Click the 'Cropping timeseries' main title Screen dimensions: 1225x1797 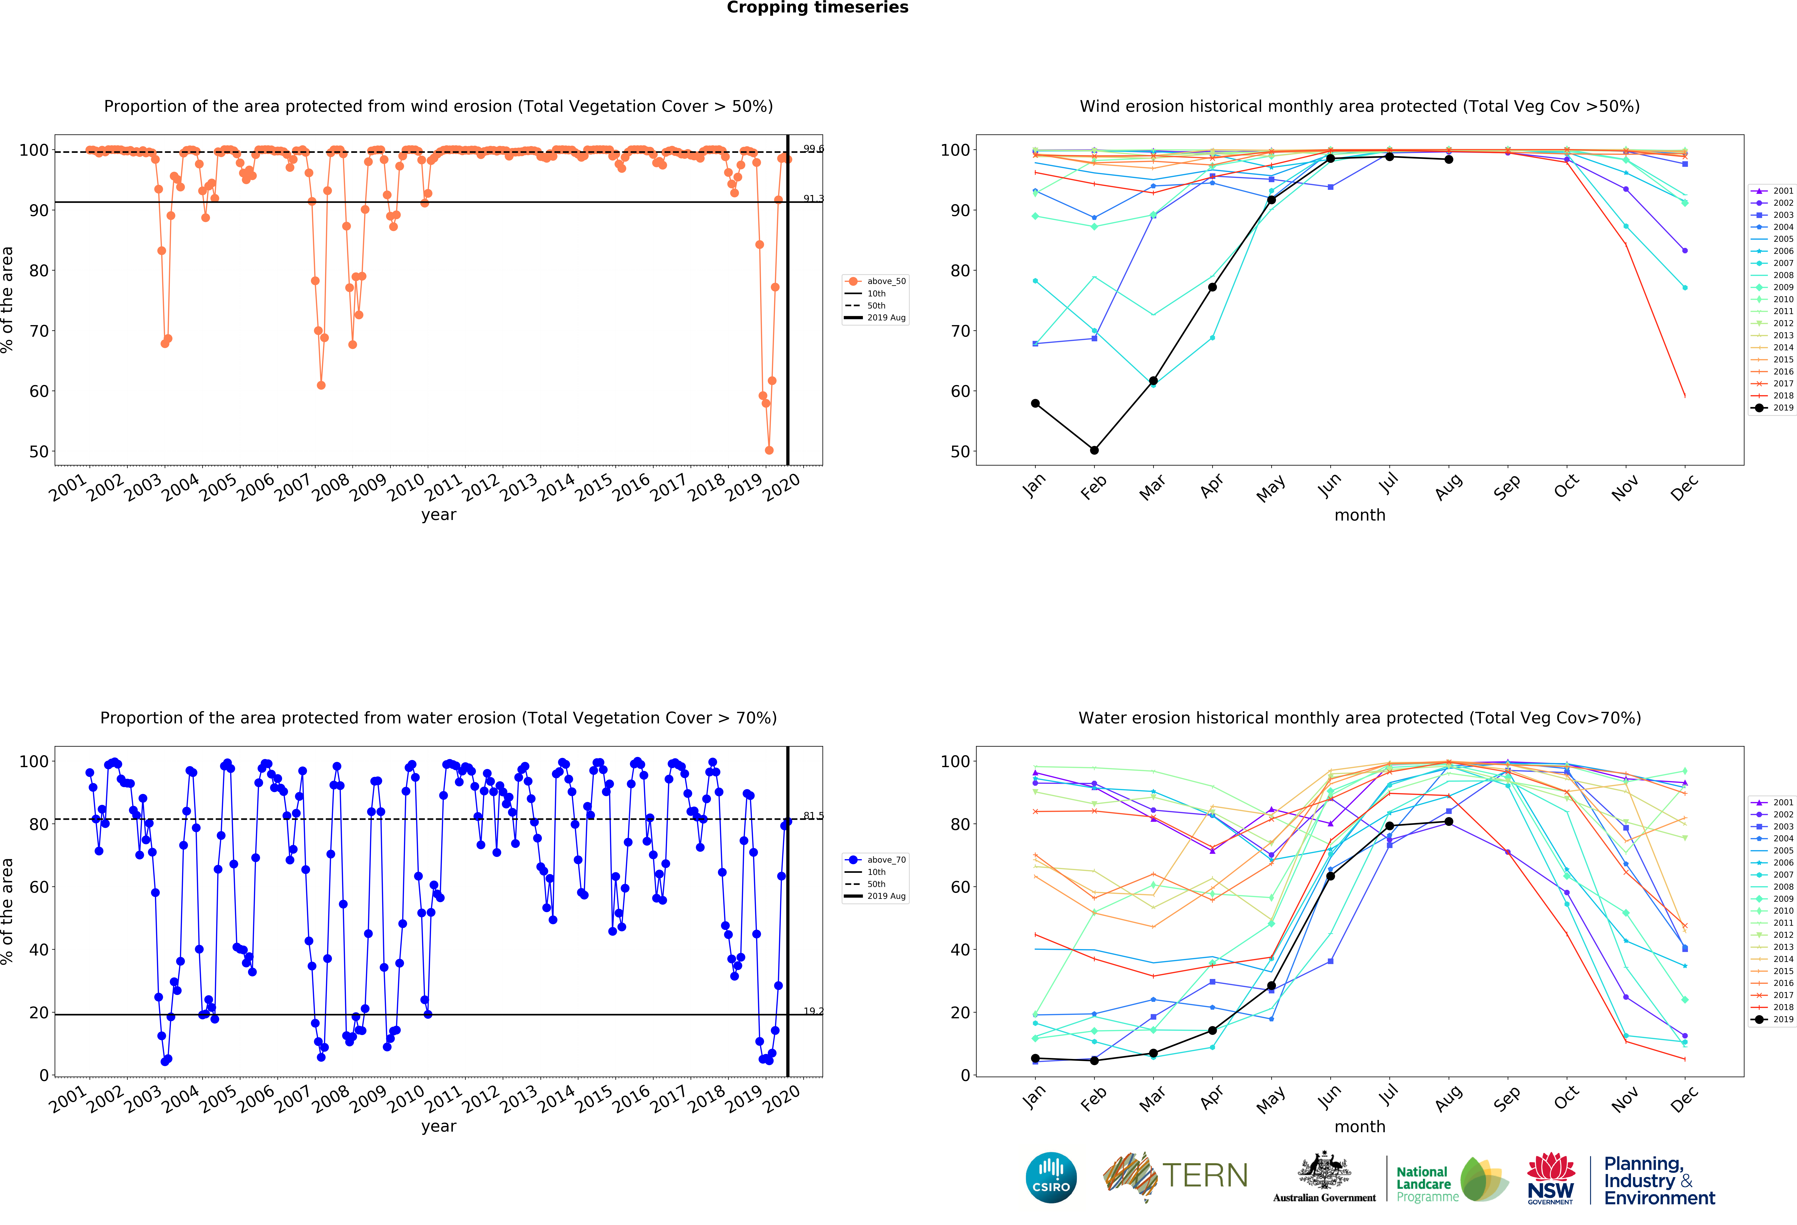[817, 8]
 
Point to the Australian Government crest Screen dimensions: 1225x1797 [1325, 1171]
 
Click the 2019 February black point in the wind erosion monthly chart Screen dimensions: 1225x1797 [1094, 450]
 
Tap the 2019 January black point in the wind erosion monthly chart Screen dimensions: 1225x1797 [1035, 404]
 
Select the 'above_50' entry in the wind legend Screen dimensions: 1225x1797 [885, 281]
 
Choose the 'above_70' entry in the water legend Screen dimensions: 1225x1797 [885, 860]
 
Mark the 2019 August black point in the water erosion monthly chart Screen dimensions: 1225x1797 [1448, 821]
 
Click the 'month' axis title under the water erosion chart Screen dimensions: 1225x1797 [1359, 1127]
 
